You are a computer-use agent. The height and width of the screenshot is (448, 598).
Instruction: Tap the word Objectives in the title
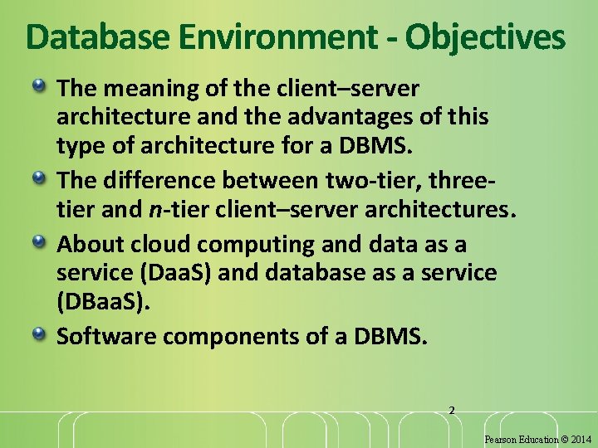pos(486,37)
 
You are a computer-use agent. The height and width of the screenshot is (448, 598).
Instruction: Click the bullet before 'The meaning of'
pos(40,86)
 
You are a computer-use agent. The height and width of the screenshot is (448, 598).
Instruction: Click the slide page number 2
pos(452,410)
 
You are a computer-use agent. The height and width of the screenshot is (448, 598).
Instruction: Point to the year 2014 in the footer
pos(581,439)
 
